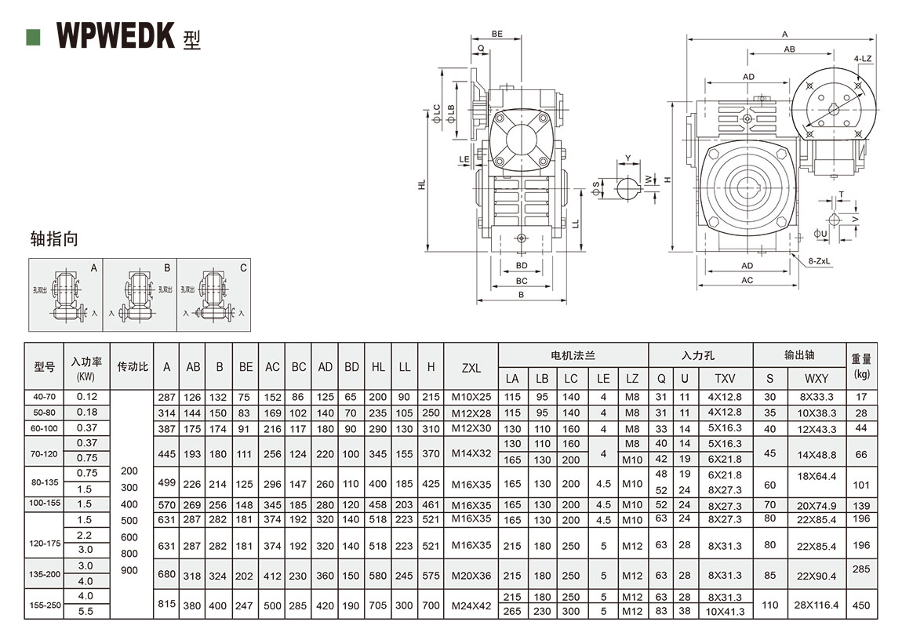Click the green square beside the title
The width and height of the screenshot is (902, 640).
(33, 36)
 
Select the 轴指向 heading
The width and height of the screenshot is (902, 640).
(54, 238)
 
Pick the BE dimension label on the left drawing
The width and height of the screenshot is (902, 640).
(496, 34)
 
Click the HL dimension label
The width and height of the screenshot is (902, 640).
(421, 185)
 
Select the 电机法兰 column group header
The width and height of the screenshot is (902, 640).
(573, 356)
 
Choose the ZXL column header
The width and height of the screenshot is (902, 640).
(471, 367)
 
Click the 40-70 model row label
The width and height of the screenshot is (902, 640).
(44, 397)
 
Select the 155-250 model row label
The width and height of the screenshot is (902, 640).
(44, 604)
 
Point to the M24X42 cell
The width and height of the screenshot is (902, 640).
(471, 605)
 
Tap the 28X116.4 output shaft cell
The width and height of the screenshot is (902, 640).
(816, 605)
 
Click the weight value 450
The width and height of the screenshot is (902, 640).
(861, 605)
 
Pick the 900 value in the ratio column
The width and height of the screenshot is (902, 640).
(129, 570)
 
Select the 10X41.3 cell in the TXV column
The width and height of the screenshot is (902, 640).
(725, 612)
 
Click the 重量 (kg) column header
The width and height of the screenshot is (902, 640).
(861, 365)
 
